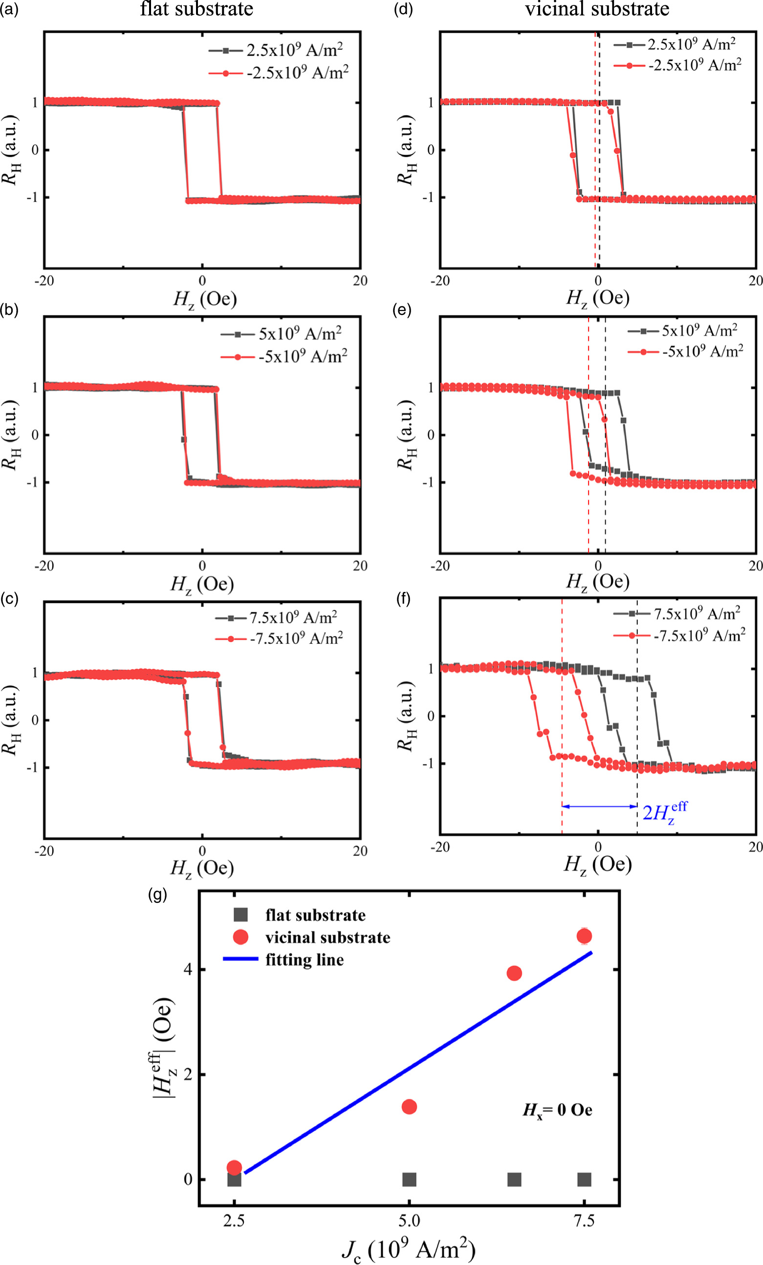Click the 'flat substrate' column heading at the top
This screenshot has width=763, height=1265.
click(x=196, y=9)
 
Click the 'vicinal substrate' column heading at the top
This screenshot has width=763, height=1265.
click(x=597, y=9)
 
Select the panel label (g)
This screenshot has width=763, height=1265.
click(x=157, y=895)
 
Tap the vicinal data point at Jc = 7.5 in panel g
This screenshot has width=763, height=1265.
click(x=584, y=937)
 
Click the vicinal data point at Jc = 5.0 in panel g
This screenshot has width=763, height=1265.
click(x=409, y=1106)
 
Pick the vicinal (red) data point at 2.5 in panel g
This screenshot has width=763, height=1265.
click(x=234, y=1167)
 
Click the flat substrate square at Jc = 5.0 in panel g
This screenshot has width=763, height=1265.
click(x=409, y=1179)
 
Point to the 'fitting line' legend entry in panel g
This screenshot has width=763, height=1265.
click(x=304, y=960)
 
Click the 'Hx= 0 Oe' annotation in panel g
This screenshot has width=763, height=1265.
click(x=557, y=1110)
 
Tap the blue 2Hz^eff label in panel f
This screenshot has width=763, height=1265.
click(x=664, y=812)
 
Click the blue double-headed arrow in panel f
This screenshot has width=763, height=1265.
click(x=599, y=807)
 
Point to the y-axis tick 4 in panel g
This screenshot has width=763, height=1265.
click(x=188, y=970)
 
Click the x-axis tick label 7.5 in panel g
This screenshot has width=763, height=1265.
click(x=584, y=1221)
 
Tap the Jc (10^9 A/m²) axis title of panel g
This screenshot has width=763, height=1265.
click(x=408, y=1249)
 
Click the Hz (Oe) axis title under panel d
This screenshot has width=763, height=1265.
click(x=598, y=298)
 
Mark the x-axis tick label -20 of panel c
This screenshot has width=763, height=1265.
click(x=44, y=851)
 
